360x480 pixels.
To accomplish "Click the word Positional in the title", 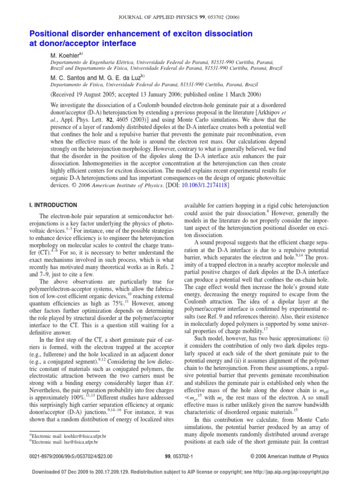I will [x=49, y=34].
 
